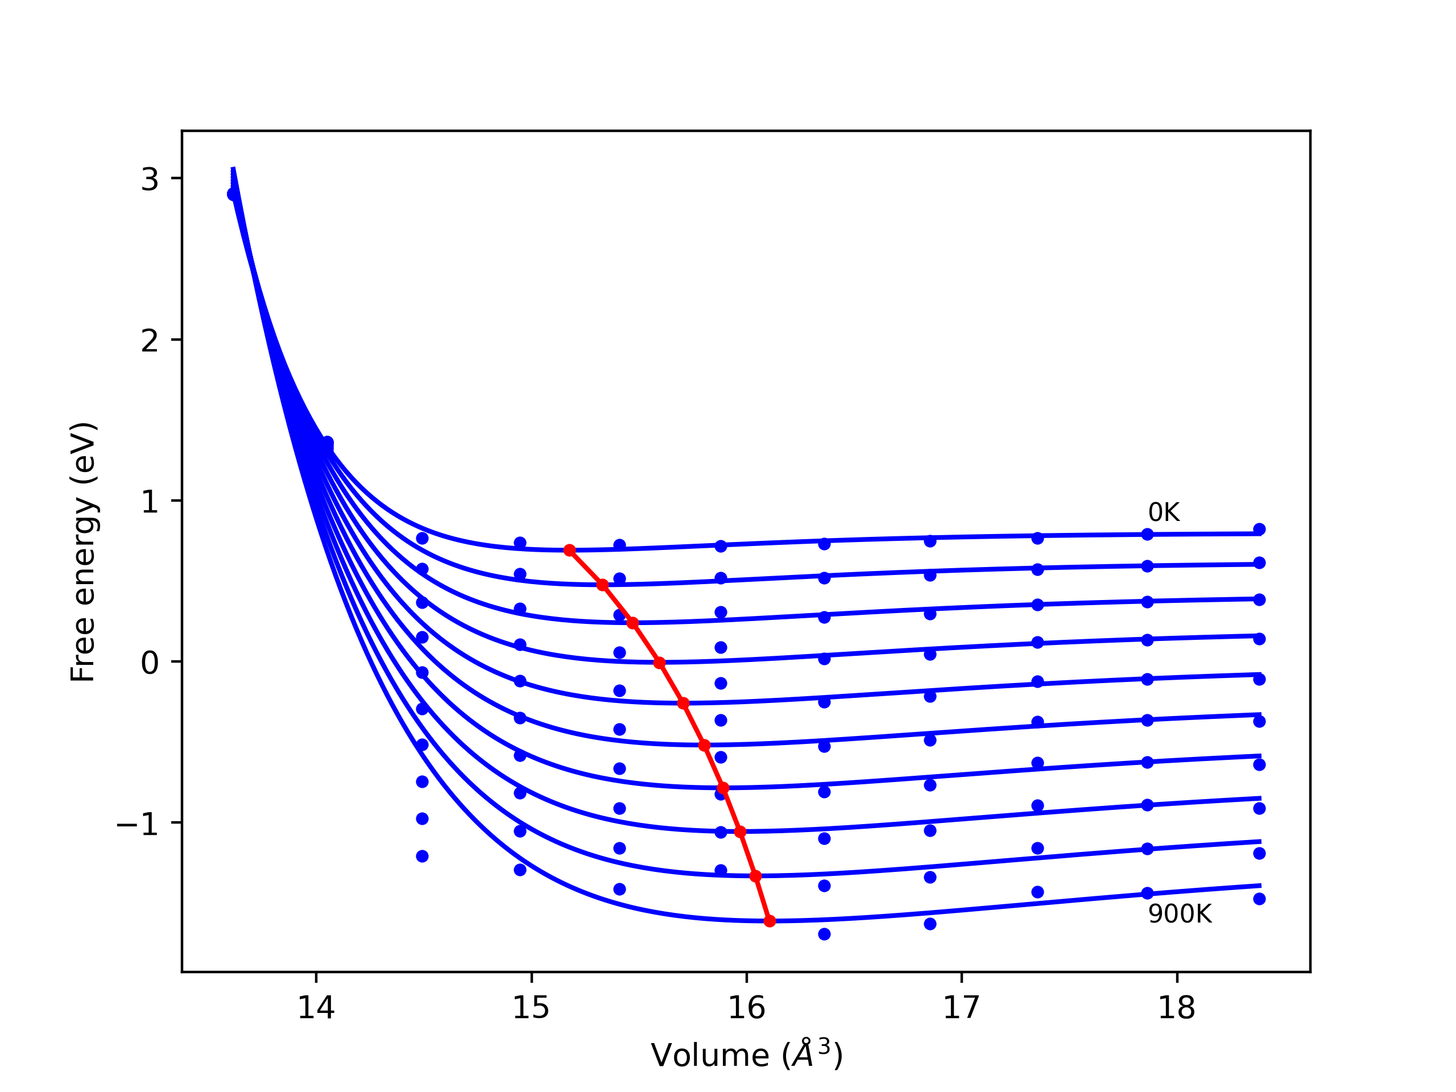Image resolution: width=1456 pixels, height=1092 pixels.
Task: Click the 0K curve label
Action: pyautogui.click(x=1163, y=513)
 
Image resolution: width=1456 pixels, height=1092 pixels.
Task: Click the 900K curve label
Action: pyautogui.click(x=1180, y=915)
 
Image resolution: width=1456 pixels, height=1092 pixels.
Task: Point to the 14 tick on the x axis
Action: pyautogui.click(x=316, y=1008)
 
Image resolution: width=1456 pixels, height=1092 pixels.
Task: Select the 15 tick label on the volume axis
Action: pyautogui.click(x=531, y=1008)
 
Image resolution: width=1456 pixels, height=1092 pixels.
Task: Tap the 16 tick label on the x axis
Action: pyautogui.click(x=746, y=1008)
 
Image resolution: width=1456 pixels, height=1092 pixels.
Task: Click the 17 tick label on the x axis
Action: pyautogui.click(x=962, y=1008)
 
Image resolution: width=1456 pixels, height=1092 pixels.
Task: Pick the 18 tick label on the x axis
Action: pyautogui.click(x=1177, y=1008)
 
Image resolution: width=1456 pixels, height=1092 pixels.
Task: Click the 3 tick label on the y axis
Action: pyautogui.click(x=150, y=179)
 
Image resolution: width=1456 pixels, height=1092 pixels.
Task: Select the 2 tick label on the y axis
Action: pyautogui.click(x=150, y=340)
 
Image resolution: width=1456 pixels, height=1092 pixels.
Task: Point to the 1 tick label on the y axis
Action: pyautogui.click(x=150, y=502)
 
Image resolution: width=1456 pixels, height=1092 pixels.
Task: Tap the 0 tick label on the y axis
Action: pyautogui.click(x=150, y=663)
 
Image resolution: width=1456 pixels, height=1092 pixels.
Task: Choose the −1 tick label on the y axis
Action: pyautogui.click(x=138, y=824)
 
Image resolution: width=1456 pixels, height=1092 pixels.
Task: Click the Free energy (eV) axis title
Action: pyautogui.click(x=84, y=552)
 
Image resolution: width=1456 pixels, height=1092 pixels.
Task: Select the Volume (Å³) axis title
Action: pyautogui.click(x=746, y=1056)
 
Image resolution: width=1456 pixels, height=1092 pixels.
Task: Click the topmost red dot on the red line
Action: pyautogui.click(x=570, y=551)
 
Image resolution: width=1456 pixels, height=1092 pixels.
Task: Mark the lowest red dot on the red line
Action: pyautogui.click(x=770, y=921)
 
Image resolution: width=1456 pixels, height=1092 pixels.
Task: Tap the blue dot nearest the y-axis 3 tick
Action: pyautogui.click(x=233, y=194)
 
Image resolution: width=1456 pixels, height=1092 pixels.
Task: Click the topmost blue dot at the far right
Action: pyautogui.click(x=1259, y=529)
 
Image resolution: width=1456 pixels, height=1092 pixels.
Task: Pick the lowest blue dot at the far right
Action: pyautogui.click(x=1259, y=899)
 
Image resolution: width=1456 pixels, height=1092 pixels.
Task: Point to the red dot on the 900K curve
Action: pyautogui.click(x=770, y=921)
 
